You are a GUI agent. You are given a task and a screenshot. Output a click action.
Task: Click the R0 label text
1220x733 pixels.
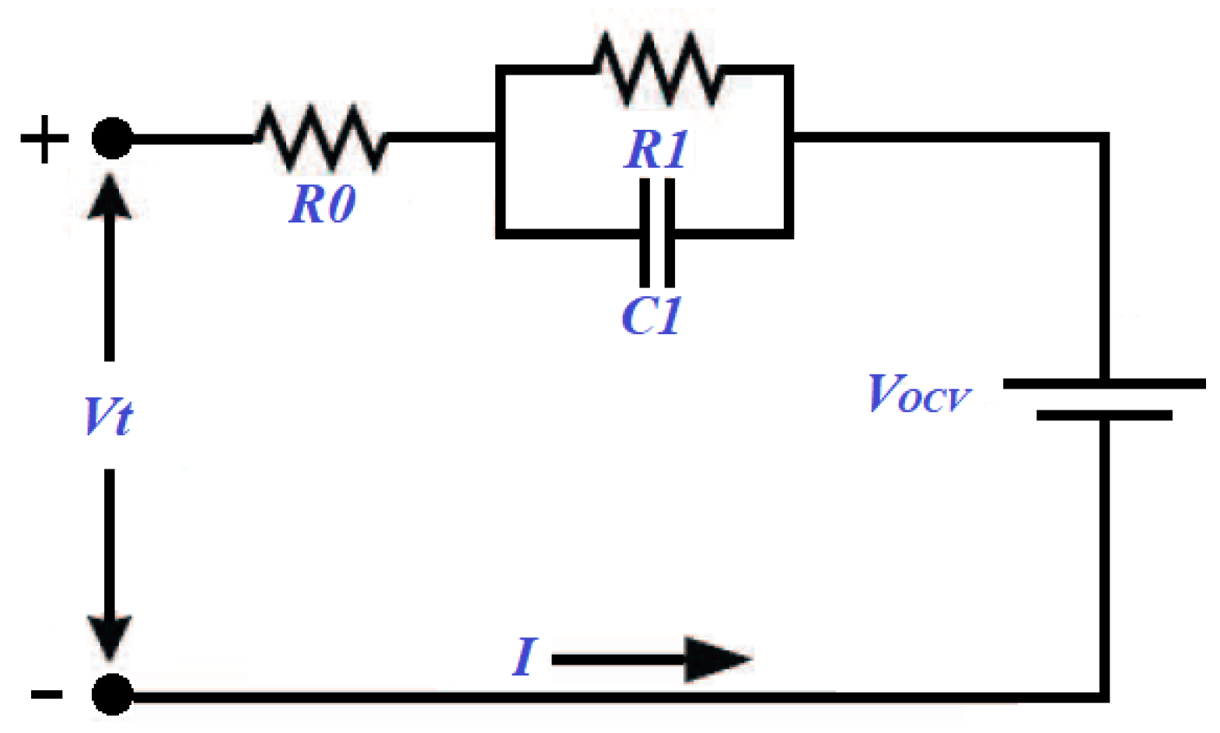(322, 205)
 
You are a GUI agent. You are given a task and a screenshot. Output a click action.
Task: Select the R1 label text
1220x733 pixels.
(657, 149)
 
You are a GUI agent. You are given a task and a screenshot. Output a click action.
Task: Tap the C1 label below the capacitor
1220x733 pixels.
(652, 316)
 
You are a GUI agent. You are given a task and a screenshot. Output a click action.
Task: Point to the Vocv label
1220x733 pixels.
(918, 393)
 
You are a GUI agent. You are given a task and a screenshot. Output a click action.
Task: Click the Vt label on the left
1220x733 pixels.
(108, 417)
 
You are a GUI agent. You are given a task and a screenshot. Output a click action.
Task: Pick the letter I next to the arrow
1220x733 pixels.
(525, 657)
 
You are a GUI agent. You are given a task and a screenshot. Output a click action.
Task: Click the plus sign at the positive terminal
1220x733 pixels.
(44, 139)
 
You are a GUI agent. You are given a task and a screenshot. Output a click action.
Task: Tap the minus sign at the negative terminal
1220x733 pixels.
(47, 693)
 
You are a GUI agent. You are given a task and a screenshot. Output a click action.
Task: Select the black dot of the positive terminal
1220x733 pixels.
(112, 139)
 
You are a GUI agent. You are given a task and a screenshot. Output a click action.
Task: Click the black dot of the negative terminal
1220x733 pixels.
(112, 693)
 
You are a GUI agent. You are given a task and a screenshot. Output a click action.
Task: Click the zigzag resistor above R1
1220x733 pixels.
(658, 68)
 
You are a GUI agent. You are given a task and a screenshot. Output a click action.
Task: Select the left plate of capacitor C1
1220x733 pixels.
(645, 233)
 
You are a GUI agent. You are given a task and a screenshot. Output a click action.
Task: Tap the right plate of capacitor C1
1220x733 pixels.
(669, 233)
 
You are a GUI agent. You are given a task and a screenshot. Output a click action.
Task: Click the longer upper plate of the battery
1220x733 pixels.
(1104, 384)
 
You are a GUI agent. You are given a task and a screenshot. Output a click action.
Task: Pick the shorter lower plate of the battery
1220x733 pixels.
(1104, 416)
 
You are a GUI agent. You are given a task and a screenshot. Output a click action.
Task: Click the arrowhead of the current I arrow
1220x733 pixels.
(715, 659)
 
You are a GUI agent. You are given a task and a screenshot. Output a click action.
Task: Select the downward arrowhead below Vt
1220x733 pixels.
(110, 637)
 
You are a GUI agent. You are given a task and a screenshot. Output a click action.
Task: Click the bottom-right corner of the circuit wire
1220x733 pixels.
(1103, 696)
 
